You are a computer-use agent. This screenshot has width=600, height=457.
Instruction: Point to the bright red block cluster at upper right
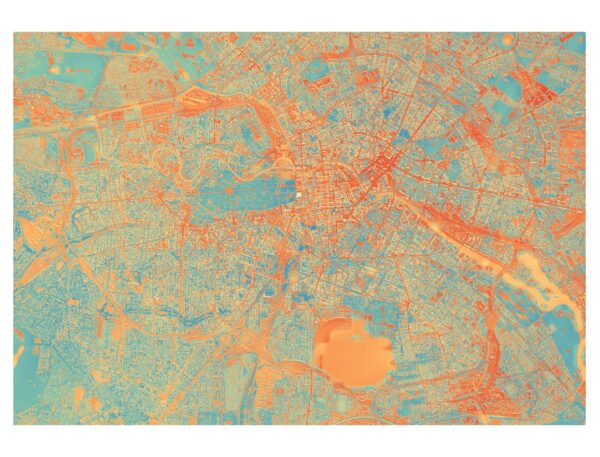tap(540, 95)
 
